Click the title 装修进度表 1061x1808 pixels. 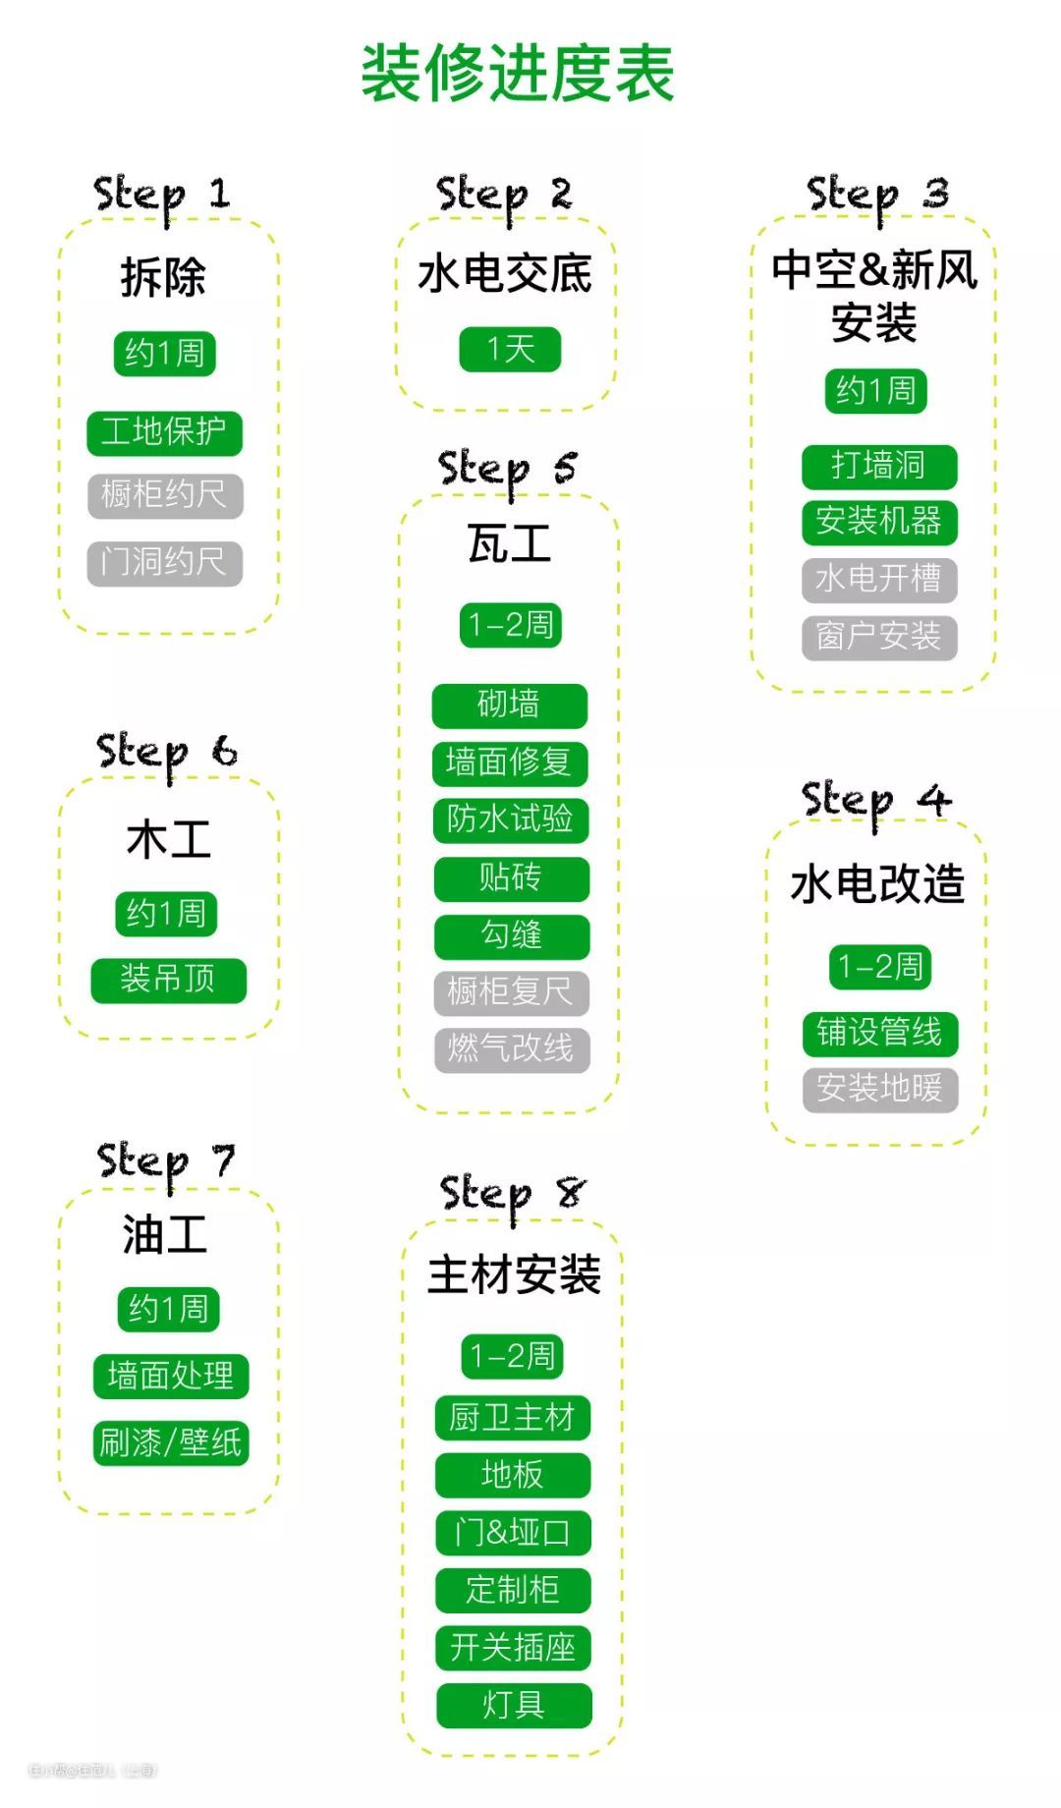click(x=518, y=74)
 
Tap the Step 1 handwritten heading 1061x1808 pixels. click(x=162, y=194)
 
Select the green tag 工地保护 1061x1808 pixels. click(x=164, y=432)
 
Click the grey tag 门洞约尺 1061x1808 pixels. click(x=164, y=563)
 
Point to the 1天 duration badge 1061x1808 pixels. click(x=510, y=349)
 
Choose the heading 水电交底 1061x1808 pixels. click(x=505, y=274)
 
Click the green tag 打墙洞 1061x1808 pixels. click(x=878, y=465)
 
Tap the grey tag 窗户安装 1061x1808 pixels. click(x=878, y=637)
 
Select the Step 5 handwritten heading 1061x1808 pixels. click(x=507, y=469)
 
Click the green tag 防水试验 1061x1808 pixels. click(x=510, y=819)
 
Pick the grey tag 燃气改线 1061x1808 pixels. click(x=511, y=1049)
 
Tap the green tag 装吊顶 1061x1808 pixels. click(x=168, y=980)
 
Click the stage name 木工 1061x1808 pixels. click(x=168, y=840)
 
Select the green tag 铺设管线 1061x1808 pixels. click(x=879, y=1033)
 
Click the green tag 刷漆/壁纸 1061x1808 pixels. click(x=170, y=1443)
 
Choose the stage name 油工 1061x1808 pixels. click(x=165, y=1235)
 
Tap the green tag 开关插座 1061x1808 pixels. click(x=513, y=1648)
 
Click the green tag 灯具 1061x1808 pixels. click(x=514, y=1705)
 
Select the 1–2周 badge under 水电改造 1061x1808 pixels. click(x=879, y=967)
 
